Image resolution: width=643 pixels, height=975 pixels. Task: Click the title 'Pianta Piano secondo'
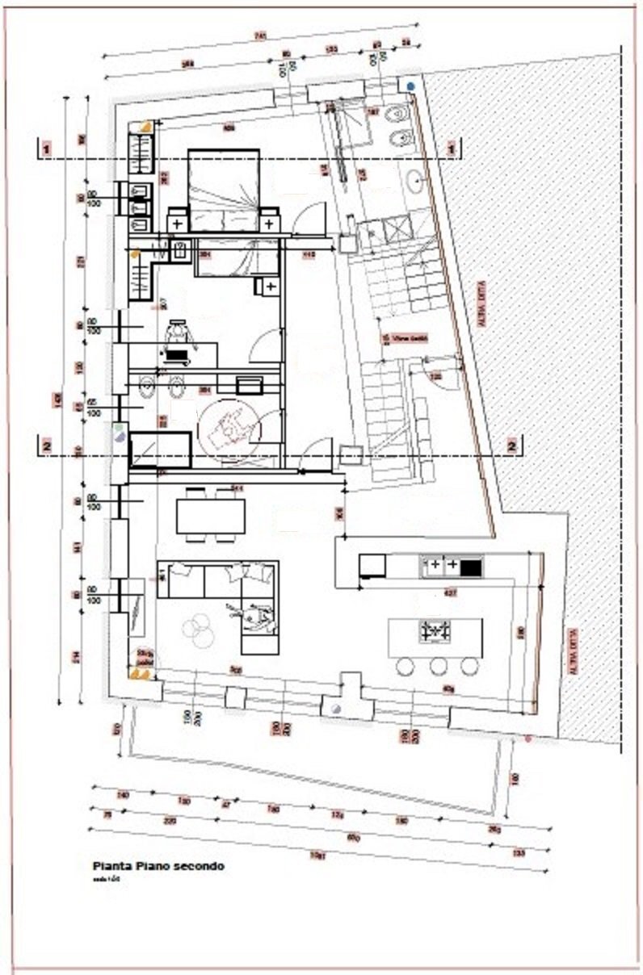pyautogui.click(x=158, y=866)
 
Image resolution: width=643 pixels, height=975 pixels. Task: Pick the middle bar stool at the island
pyautogui.click(x=438, y=667)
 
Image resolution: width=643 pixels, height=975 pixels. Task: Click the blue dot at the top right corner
pyautogui.click(x=412, y=85)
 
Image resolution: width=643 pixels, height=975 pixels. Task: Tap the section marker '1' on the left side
pyautogui.click(x=48, y=148)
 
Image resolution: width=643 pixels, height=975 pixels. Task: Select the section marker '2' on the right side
pyautogui.click(x=512, y=445)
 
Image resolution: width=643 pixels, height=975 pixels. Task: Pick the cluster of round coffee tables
pyautogui.click(x=199, y=629)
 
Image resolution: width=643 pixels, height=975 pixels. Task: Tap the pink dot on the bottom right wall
pyautogui.click(x=528, y=738)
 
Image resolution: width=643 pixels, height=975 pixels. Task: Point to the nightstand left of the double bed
pyautogui.click(x=178, y=219)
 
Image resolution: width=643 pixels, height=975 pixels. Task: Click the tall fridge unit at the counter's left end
pyautogui.click(x=372, y=566)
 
